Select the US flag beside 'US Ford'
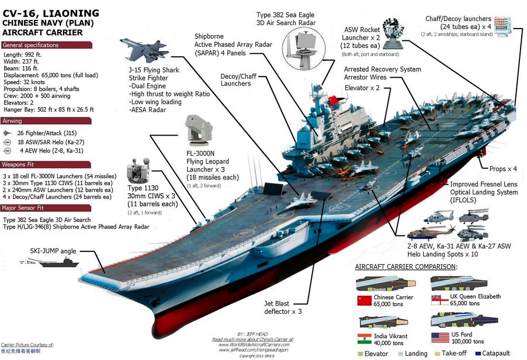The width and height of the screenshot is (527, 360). coord(439,337)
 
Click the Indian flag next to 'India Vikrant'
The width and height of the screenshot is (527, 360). coord(364,337)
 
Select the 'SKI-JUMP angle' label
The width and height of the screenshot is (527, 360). coord(53,251)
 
